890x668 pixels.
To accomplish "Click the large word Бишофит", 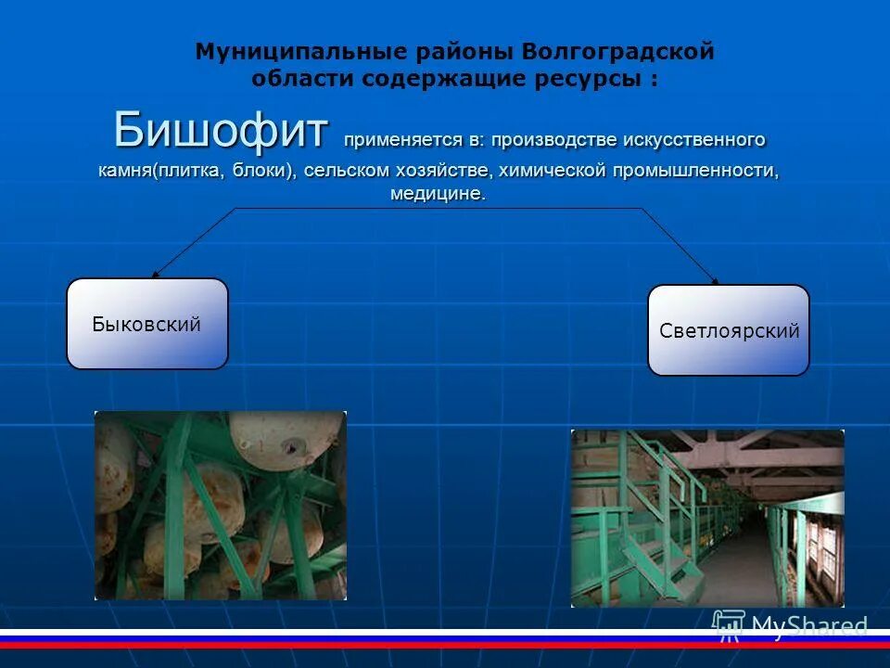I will (221, 130).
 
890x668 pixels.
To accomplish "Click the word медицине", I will (437, 195).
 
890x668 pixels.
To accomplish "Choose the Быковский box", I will (146, 324).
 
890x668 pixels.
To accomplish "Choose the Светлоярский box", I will (728, 330).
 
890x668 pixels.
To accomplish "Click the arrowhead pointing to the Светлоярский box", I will (715, 280).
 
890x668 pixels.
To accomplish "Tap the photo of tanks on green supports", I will (221, 506).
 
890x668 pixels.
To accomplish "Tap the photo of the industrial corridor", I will (707, 518).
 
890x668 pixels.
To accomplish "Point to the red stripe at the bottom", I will (445, 645).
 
